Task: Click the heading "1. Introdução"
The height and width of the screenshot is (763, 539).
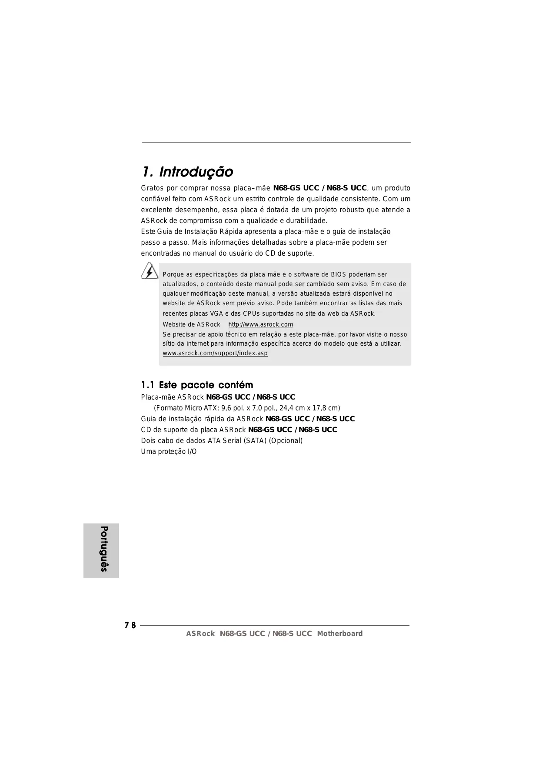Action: click(x=187, y=172)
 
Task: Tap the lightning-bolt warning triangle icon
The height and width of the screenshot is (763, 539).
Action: click(x=150, y=271)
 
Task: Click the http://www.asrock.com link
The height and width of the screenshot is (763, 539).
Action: click(x=260, y=324)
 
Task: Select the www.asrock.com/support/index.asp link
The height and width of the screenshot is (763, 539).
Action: click(x=215, y=353)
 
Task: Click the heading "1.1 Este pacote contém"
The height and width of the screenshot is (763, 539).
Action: click(x=197, y=385)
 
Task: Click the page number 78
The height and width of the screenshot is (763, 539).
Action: click(x=130, y=625)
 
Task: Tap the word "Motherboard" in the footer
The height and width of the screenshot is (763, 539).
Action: click(x=339, y=633)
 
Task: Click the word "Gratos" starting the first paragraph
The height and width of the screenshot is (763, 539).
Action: click(x=152, y=188)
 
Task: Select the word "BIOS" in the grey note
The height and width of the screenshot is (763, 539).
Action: click(x=339, y=274)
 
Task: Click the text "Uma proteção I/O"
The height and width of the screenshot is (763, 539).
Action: click(x=169, y=451)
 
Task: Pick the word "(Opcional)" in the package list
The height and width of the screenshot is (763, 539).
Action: click(x=286, y=440)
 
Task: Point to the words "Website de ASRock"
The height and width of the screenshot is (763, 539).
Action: click(x=191, y=324)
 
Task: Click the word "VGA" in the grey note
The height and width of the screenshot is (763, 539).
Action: click(x=216, y=313)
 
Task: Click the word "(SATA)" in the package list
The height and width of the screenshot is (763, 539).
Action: click(x=255, y=440)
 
